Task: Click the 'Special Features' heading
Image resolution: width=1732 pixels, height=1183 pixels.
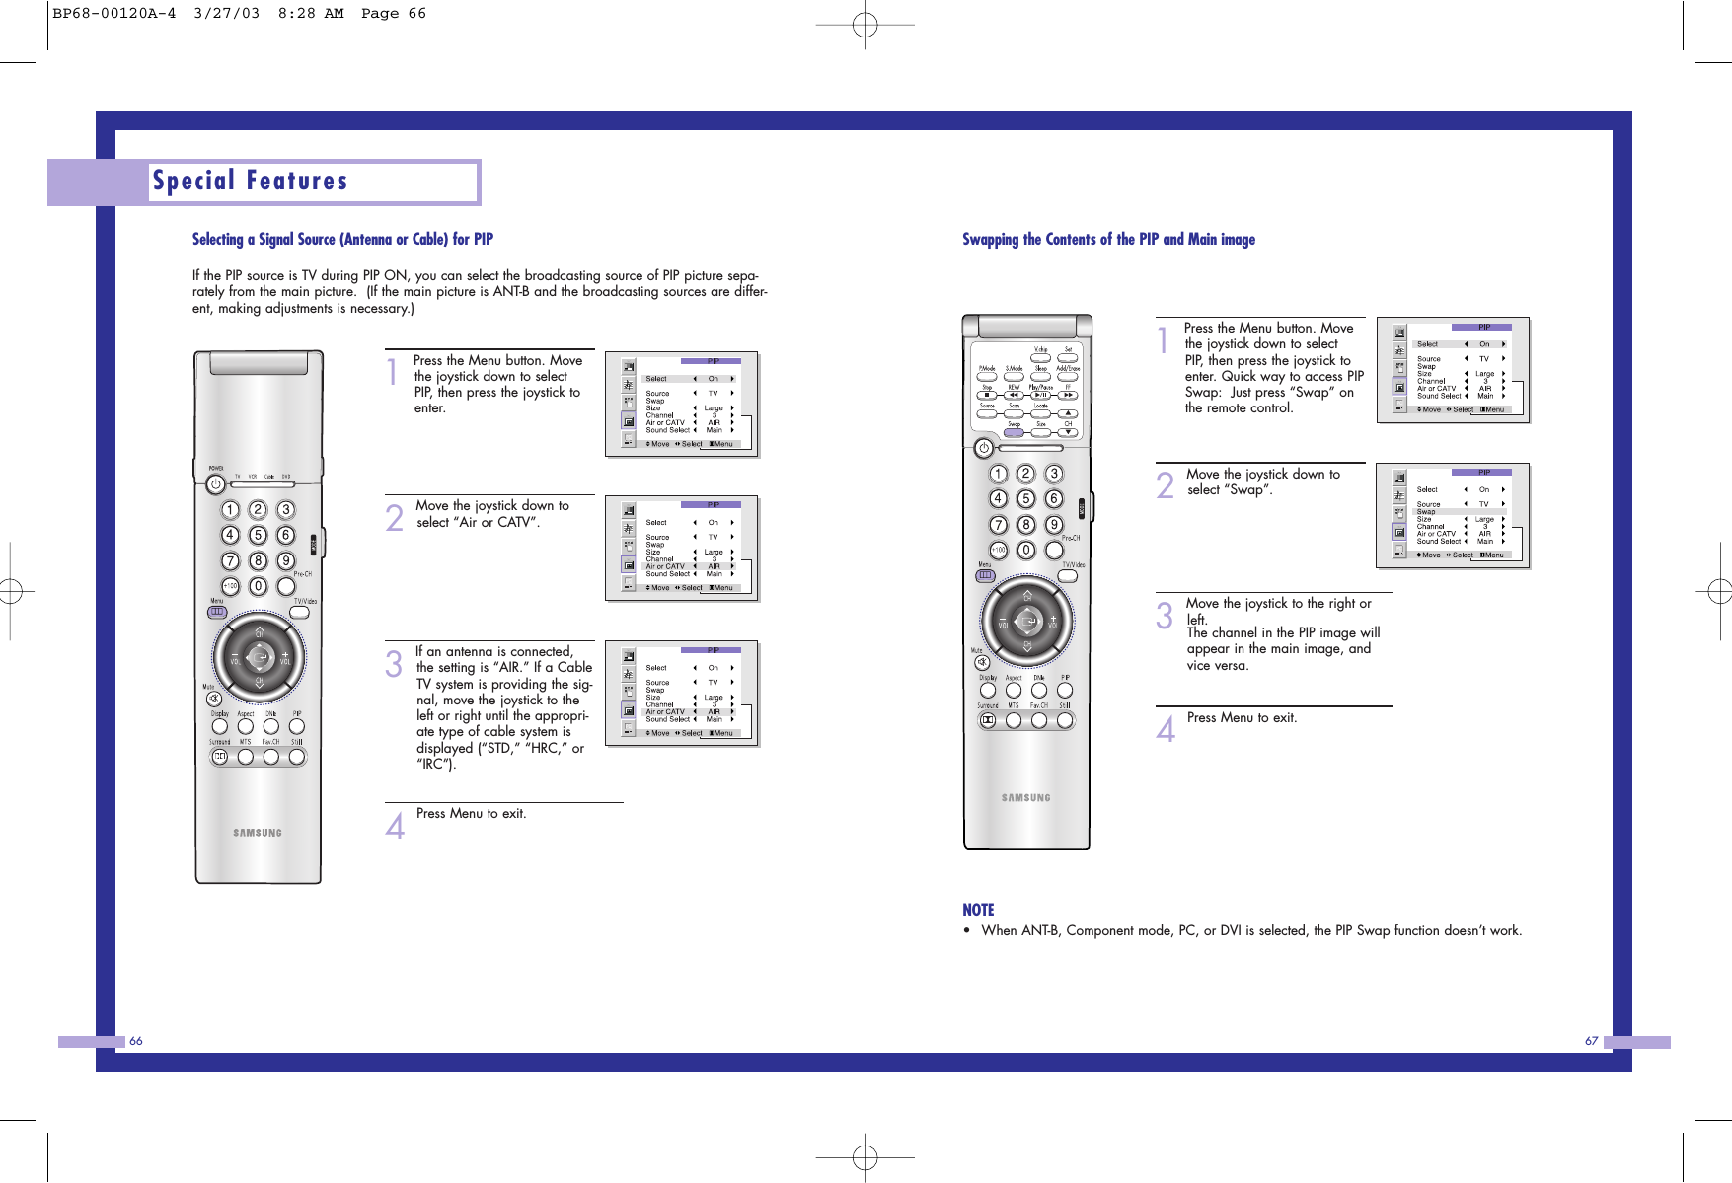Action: point(251,182)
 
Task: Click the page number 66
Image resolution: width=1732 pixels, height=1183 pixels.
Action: point(136,1041)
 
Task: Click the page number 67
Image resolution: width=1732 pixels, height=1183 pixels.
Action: point(1591,1041)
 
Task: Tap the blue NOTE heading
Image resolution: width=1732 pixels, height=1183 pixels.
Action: point(978,910)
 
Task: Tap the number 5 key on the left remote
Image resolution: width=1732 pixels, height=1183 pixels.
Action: point(258,535)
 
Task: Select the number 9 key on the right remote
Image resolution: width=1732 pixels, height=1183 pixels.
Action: point(1054,525)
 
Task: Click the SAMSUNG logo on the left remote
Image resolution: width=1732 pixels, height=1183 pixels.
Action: point(258,833)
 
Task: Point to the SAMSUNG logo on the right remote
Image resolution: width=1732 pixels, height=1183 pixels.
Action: point(1026,797)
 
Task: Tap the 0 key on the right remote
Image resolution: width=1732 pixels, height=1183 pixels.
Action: point(1026,551)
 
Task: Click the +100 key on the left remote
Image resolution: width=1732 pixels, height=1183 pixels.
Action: point(230,586)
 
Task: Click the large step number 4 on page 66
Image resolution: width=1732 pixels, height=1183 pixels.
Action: point(395,825)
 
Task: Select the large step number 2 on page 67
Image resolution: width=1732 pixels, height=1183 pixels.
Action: point(1166,485)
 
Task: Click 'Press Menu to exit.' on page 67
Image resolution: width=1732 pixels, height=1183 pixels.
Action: point(1242,717)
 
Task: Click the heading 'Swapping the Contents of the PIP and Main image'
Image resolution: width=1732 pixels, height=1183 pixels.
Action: point(1108,239)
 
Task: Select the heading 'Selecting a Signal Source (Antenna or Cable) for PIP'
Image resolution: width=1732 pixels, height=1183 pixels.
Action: point(342,239)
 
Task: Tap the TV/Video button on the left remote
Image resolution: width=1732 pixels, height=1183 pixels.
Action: point(300,613)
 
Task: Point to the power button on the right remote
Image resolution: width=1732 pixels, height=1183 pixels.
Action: point(983,449)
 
